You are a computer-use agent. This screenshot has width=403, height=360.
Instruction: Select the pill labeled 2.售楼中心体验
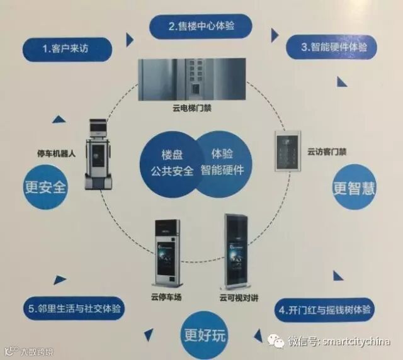coord(201,26)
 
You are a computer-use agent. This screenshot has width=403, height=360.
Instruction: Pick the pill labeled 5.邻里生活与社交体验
coord(76,310)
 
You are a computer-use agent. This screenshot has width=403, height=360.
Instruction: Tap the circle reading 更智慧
coord(358,188)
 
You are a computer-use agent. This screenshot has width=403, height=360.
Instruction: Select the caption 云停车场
coord(166,296)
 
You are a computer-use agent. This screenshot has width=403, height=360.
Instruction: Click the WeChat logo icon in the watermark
coord(276,340)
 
